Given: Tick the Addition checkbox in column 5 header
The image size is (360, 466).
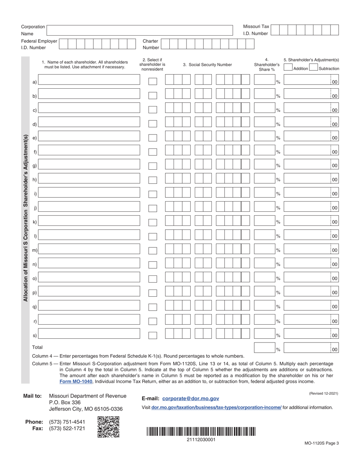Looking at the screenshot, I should [288, 68].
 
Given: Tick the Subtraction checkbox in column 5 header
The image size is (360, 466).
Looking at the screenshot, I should [313, 68].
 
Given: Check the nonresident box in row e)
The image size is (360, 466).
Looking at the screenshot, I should [152, 138].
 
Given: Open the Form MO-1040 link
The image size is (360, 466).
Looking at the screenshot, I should [76, 382].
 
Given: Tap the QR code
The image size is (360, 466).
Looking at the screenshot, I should [108, 427].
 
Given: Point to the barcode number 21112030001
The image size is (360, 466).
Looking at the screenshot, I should [201, 439].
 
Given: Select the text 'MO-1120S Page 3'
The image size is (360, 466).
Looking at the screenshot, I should [321, 443].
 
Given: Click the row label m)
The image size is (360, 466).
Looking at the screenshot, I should [34, 250].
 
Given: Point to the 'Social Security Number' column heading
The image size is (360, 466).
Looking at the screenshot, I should [207, 65].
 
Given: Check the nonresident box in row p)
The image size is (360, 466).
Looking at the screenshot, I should [152, 293].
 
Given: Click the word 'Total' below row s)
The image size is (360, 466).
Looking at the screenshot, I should [38, 347].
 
